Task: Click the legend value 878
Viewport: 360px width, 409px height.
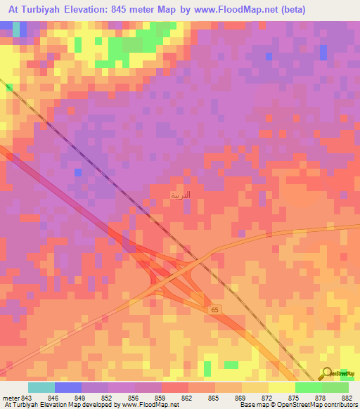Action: pyautogui.click(x=319, y=398)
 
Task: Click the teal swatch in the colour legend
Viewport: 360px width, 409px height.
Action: pyautogui.click(x=41, y=387)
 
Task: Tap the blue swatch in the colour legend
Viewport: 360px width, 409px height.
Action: pyautogui.click(x=68, y=387)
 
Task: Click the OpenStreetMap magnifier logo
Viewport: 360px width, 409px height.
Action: pyautogui.click(x=327, y=373)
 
